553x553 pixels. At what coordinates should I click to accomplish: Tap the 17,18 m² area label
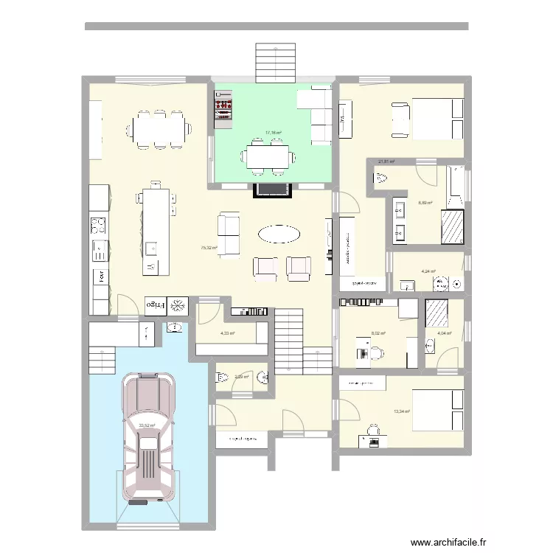(274, 133)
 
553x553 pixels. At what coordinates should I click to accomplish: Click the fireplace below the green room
(273, 190)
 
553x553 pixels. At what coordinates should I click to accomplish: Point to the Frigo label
(153, 304)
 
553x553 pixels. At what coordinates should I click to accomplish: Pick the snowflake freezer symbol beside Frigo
(178, 305)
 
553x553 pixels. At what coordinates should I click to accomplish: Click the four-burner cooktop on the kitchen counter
(99, 225)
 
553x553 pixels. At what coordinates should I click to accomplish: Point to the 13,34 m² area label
(402, 411)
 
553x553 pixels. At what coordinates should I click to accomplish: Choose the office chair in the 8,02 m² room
(373, 353)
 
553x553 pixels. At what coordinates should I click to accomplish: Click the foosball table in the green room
(222, 108)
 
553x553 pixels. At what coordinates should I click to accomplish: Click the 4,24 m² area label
(428, 271)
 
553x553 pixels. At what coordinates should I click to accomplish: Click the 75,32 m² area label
(209, 248)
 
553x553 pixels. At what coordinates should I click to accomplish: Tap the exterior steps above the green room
(276, 63)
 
